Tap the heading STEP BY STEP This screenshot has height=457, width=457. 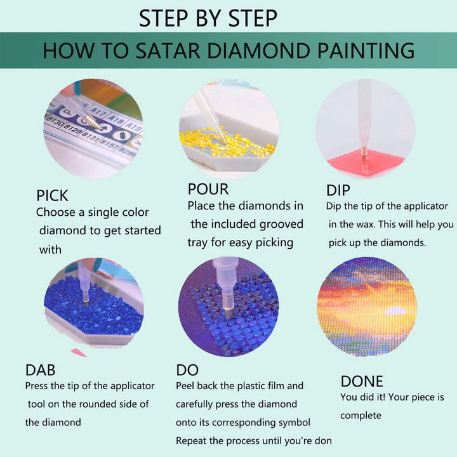coord(208,18)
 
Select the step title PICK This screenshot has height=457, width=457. coord(52,195)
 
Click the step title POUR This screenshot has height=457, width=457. coord(208,189)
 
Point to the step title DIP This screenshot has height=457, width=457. coord(338,190)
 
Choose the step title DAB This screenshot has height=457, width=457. coord(40,369)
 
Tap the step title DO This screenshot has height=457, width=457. coord(187,369)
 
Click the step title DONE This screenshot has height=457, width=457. coord(362,381)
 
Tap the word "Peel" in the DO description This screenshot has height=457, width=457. coord(189,386)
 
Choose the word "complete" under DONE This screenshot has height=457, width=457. coord(361,416)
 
